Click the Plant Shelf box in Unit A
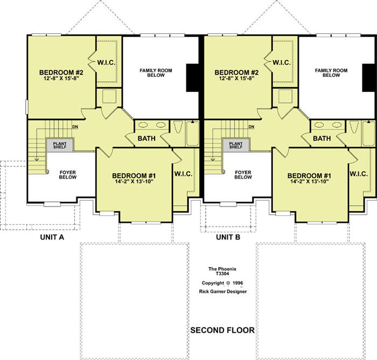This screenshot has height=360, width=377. (60, 145)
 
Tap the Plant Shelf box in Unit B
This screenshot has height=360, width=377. (236, 145)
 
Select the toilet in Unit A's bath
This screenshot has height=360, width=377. (178, 127)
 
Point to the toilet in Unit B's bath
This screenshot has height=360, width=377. (354, 127)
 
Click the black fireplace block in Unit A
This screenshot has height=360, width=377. (192, 77)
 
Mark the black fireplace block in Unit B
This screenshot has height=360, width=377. (369, 77)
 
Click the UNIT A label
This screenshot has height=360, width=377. (52, 237)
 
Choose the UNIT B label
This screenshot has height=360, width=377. (228, 237)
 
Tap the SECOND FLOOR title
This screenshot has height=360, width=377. (222, 330)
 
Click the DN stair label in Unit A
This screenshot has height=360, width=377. (75, 127)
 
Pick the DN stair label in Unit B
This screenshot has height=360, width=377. (252, 127)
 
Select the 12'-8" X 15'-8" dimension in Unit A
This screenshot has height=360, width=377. (61, 78)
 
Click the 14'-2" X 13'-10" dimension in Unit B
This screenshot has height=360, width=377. (310, 181)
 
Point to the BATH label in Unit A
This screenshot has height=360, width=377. (146, 138)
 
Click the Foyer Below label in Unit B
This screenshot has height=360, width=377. (243, 175)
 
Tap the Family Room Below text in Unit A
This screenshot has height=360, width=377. (156, 73)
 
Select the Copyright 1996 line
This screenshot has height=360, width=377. (222, 283)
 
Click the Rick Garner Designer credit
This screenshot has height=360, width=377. (223, 292)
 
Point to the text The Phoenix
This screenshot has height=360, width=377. (222, 269)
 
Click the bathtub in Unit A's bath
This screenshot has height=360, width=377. (193, 133)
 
